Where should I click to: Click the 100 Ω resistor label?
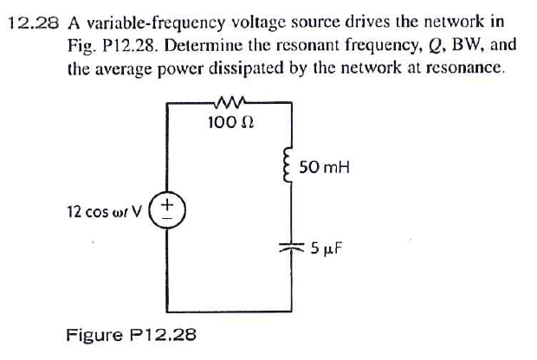[230, 123]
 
